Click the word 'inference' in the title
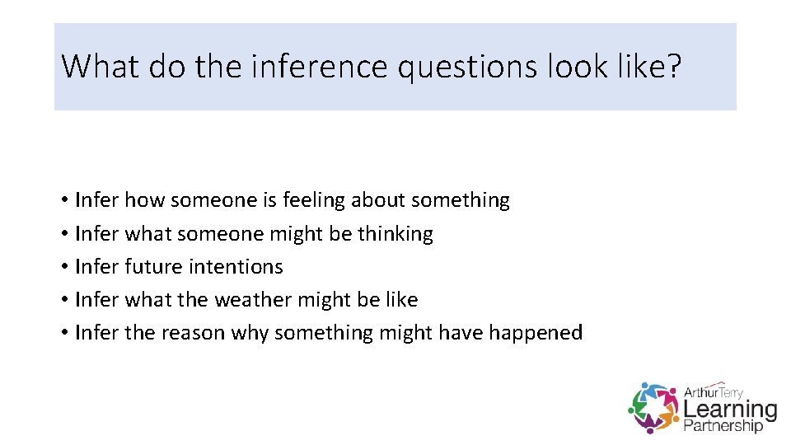(x=319, y=66)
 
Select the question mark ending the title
(x=674, y=66)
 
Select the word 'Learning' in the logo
(x=730, y=409)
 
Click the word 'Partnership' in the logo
(x=723, y=426)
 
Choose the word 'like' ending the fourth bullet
(x=401, y=300)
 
